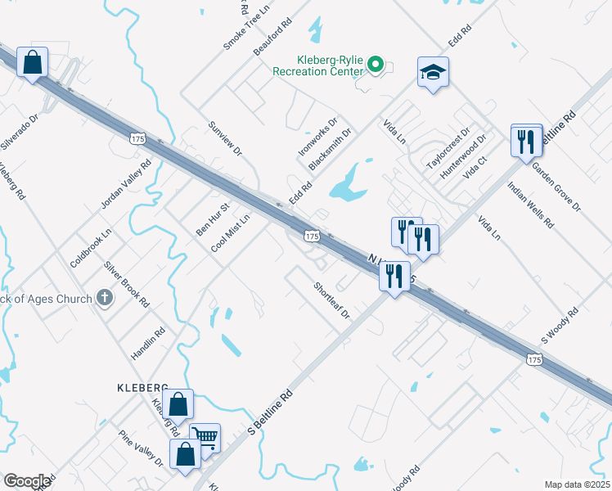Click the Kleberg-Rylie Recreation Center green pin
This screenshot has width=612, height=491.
[376, 64]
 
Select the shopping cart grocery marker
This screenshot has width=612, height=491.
[205, 437]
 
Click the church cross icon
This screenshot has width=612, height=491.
[104, 298]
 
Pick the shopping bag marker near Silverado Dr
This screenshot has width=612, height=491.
[32, 63]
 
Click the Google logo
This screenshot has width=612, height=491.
[27, 481]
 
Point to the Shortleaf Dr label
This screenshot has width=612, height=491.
[331, 300]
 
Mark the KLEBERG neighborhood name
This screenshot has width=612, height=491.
[142, 386]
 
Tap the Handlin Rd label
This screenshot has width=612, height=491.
[148, 345]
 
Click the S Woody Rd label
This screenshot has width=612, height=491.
[560, 325]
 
